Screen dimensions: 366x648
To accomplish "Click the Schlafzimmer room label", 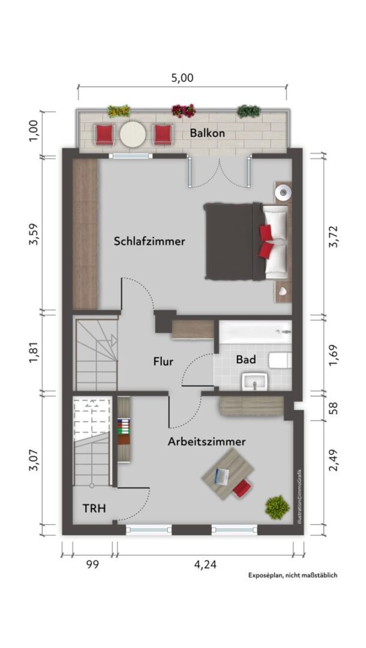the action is tap(149, 241).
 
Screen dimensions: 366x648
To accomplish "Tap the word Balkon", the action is tap(208, 133).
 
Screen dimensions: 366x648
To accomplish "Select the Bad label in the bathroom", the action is tap(246, 359).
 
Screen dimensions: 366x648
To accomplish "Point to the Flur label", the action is tap(163, 362).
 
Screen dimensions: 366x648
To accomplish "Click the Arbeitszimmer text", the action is tap(206, 442).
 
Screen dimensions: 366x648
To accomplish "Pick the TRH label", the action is tap(94, 508).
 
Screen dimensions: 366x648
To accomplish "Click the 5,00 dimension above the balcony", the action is tap(182, 77).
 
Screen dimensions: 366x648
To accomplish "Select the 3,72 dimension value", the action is tap(333, 236).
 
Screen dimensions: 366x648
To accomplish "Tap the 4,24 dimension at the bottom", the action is tap(205, 565).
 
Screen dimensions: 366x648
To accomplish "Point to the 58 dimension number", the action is tap(333, 409).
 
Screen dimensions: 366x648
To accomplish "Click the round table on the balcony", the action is tap(133, 134).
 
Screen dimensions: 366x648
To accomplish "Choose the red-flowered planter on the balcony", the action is tap(184, 111).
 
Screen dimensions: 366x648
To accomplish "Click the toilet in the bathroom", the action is tap(280, 361).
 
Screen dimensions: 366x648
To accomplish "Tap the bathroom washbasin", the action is tap(255, 381).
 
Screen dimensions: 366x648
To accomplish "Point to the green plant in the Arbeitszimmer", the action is tap(277, 508).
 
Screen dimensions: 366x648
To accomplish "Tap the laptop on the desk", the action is tap(221, 477).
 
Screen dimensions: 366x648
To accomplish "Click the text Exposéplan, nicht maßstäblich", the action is tap(292, 575).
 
